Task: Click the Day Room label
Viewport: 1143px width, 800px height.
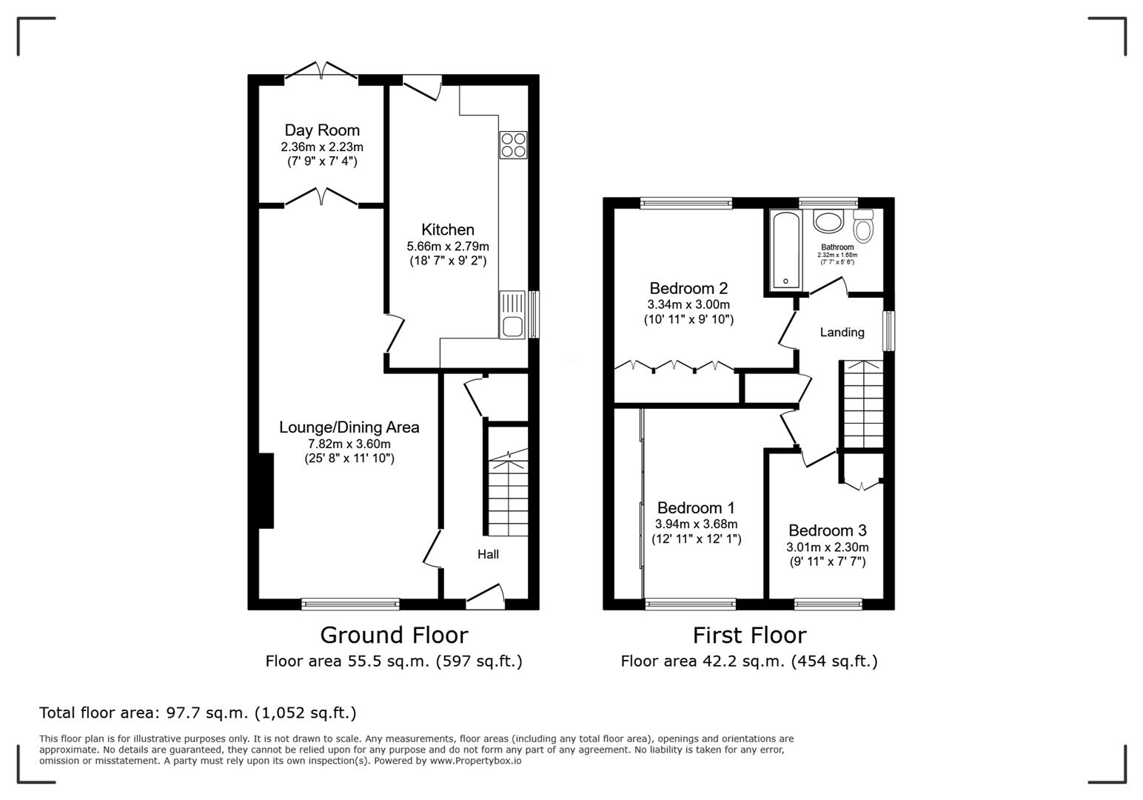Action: coord(322,130)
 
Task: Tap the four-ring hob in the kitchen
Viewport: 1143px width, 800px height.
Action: coord(513,144)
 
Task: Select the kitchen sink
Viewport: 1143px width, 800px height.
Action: coord(512,314)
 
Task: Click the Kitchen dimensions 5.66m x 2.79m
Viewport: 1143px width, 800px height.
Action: coord(447,246)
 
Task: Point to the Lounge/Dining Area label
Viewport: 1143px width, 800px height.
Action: coord(349,427)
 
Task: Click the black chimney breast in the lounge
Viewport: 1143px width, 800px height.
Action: coord(266,490)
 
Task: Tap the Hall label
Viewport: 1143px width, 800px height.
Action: coord(488,554)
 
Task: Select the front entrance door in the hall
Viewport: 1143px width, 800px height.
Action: coord(486,597)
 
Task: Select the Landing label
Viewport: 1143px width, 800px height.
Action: coord(842,333)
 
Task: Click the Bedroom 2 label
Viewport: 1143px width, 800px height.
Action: coord(688,288)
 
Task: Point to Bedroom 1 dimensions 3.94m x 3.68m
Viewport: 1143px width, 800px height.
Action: coord(696,524)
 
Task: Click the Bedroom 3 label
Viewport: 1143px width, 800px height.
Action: coord(827,530)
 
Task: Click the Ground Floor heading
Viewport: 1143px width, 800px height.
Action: coord(394,635)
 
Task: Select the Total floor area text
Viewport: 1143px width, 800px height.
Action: coord(198,713)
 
